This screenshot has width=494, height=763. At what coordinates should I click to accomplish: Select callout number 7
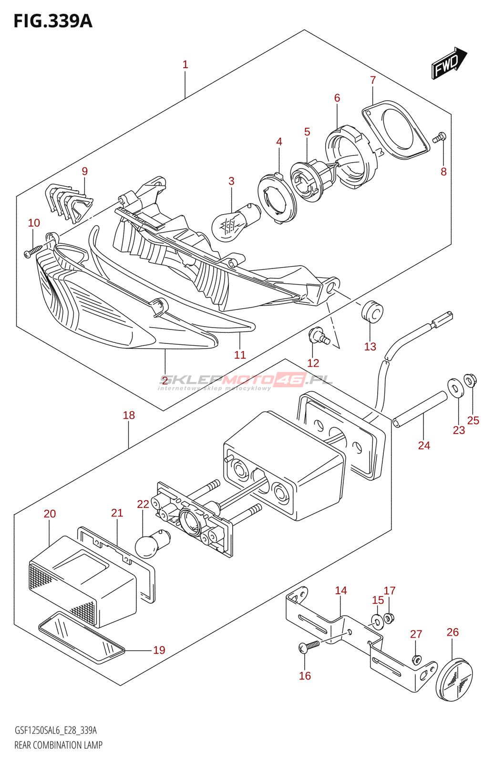373,80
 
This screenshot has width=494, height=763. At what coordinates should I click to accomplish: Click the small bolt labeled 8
440,137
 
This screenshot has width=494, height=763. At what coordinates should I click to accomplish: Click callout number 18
129,415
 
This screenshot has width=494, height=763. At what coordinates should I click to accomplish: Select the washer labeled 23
455,387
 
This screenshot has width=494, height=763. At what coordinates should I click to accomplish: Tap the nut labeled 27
416,660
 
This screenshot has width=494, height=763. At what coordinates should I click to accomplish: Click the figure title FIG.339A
53,21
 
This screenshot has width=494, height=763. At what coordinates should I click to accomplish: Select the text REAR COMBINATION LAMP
58,745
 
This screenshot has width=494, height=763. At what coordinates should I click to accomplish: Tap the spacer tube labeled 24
420,409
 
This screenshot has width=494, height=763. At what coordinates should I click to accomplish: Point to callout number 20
50,514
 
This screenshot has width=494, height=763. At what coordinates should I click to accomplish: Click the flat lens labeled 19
81,638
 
